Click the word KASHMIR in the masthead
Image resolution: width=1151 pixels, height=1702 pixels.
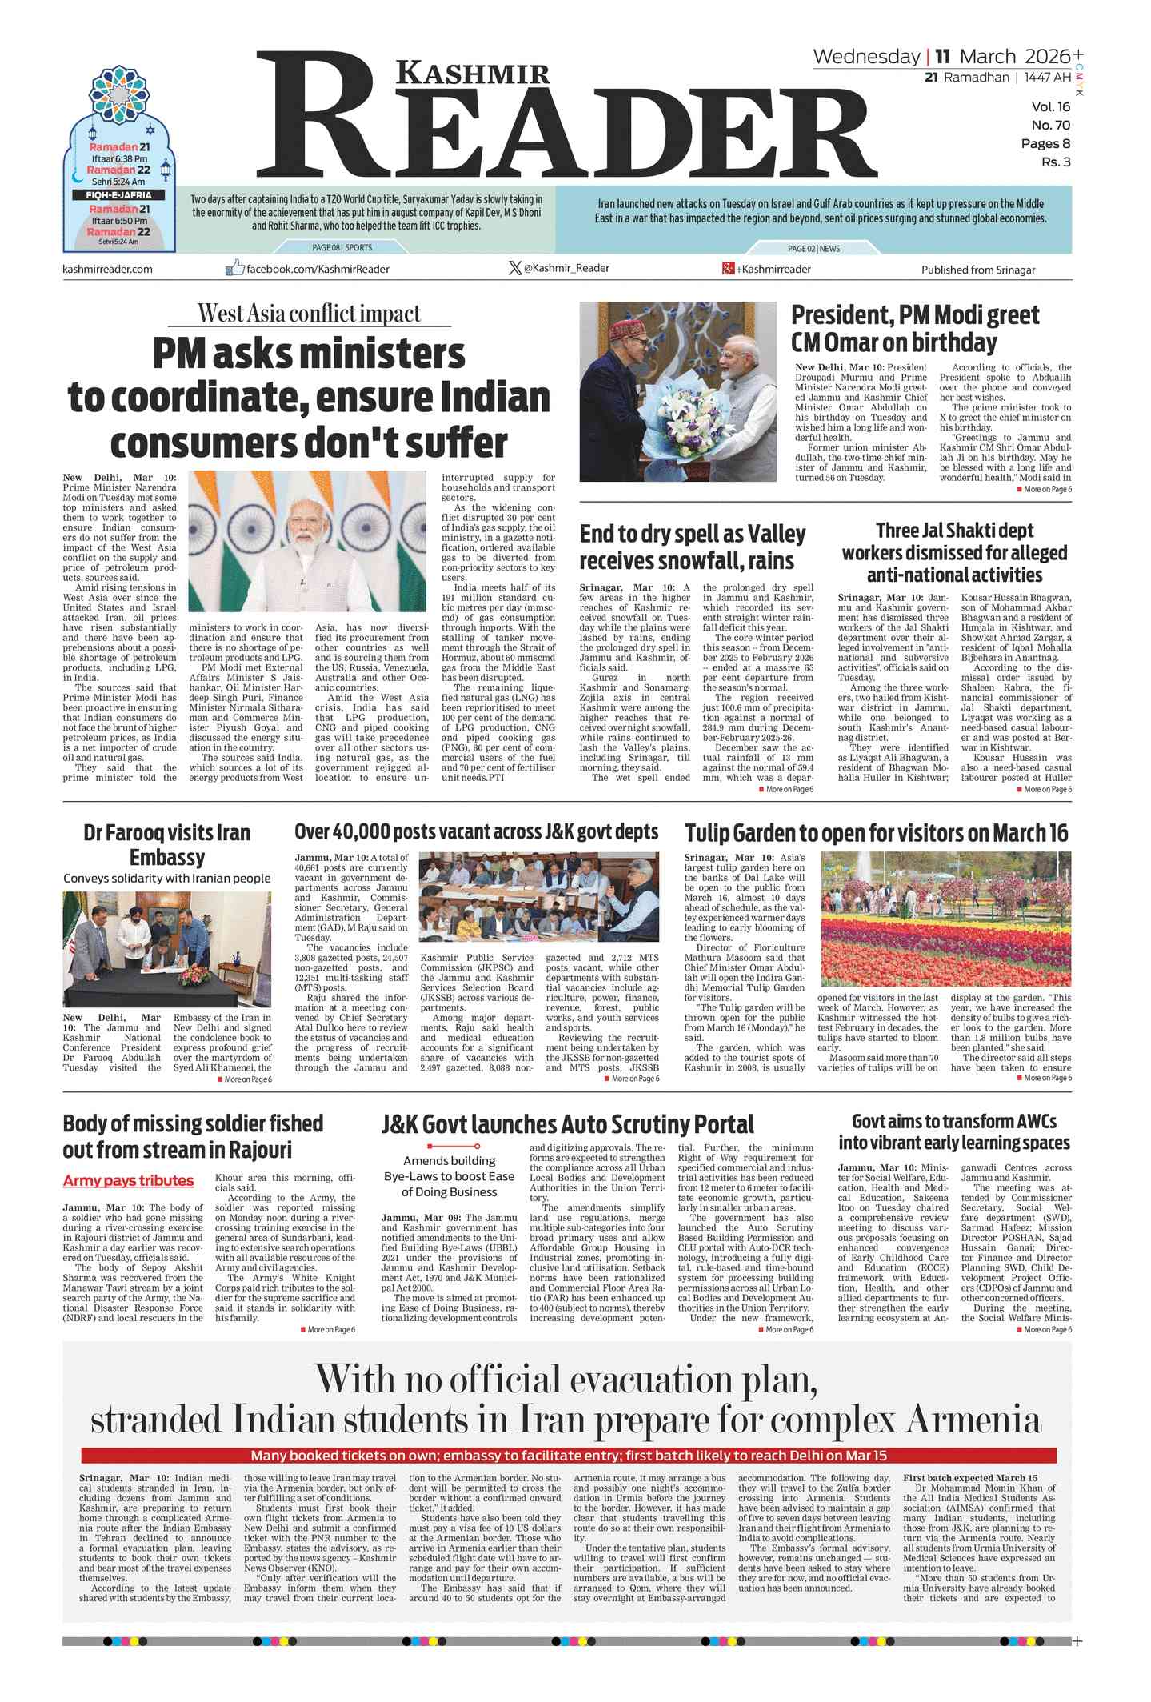tap(474, 73)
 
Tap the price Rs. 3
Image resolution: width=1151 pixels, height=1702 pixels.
tap(1055, 162)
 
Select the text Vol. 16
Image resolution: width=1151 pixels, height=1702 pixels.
tap(1050, 107)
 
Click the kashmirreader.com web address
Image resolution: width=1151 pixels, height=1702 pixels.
tap(107, 269)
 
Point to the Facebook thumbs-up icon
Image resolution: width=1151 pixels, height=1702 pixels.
tap(234, 268)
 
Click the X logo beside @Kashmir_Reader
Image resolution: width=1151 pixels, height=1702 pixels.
tap(515, 268)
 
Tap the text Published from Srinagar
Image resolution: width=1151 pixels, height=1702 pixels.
tap(977, 270)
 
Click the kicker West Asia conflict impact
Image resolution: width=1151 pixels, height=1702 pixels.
tap(309, 314)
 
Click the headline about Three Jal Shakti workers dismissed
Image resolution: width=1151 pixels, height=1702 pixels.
tap(954, 552)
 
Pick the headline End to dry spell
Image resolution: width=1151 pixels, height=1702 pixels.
tap(692, 547)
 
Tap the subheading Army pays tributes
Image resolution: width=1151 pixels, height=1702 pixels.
tap(128, 1180)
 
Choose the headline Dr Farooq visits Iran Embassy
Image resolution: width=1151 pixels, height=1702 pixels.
tap(166, 844)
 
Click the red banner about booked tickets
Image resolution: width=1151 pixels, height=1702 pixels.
tap(568, 1456)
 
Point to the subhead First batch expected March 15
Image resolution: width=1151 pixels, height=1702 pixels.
tap(969, 1478)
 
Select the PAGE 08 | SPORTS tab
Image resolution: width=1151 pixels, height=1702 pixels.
tap(342, 248)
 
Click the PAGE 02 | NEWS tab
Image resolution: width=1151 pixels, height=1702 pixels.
tap(813, 249)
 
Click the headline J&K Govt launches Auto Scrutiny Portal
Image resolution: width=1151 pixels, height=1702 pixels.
tap(567, 1124)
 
